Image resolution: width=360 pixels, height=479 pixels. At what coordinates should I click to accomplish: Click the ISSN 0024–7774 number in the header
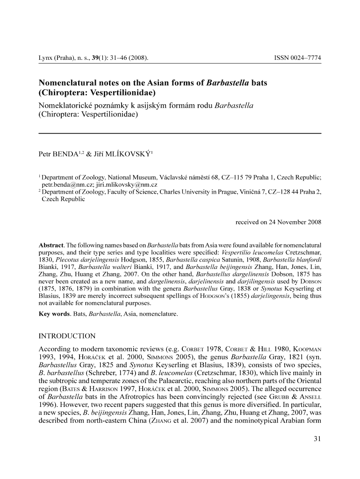tap(297, 58)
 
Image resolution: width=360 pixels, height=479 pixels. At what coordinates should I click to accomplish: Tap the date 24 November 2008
tap(295, 222)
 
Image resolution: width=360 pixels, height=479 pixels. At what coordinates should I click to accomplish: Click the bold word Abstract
tap(51, 245)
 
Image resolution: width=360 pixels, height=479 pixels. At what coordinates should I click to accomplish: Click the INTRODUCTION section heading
tap(67, 336)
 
